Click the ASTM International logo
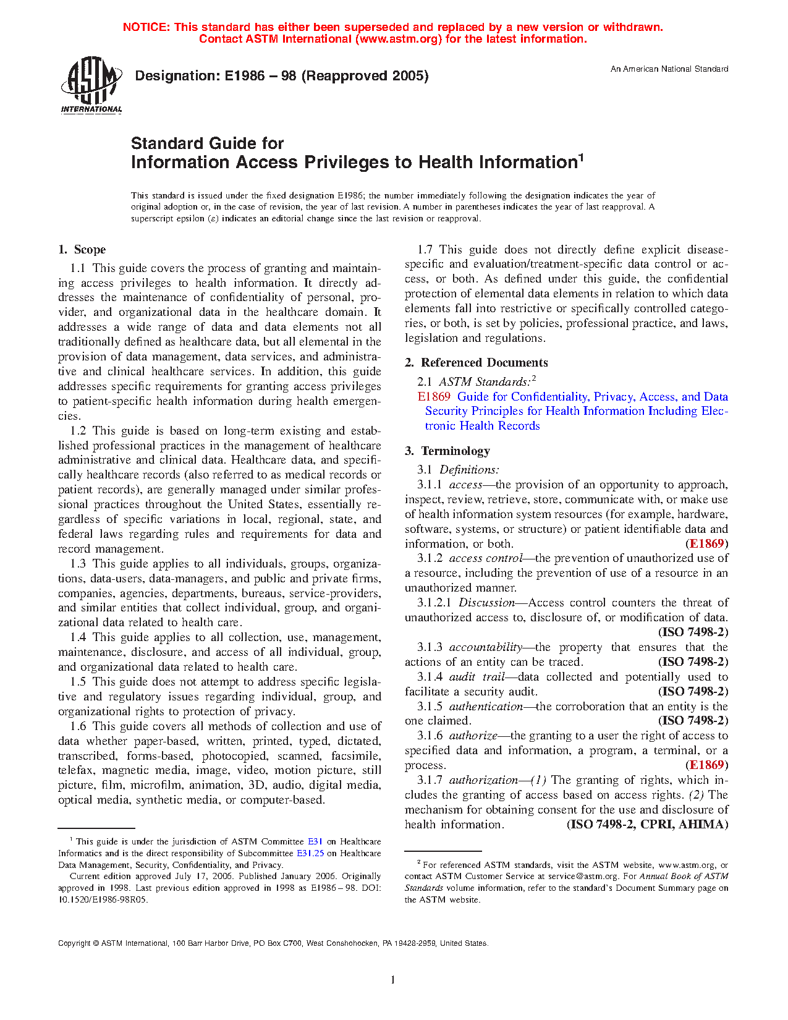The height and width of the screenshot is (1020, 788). click(x=91, y=85)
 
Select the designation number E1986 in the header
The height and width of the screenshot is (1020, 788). click(x=247, y=76)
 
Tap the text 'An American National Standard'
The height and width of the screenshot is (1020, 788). click(x=669, y=69)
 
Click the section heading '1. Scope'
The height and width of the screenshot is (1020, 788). click(x=82, y=250)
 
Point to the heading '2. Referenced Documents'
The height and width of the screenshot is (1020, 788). click(x=477, y=363)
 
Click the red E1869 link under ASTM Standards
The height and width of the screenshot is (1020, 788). click(x=434, y=397)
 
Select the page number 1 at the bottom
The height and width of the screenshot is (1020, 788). click(x=393, y=979)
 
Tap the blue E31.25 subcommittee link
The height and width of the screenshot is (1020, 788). click(x=310, y=853)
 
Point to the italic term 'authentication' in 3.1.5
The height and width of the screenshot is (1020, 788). click(x=486, y=706)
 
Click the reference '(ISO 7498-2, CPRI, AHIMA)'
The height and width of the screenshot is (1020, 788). click(x=647, y=825)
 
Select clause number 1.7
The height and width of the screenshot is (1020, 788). click(x=425, y=250)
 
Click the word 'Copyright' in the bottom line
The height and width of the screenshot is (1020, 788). click(x=74, y=943)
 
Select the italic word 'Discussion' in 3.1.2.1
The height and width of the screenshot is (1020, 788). click(x=486, y=603)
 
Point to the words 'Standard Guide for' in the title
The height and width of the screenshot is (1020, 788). click(x=207, y=143)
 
